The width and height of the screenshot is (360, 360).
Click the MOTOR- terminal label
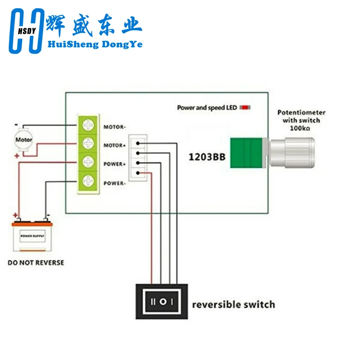114,127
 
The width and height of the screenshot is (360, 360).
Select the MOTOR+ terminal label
114,145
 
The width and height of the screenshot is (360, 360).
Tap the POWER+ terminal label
114,164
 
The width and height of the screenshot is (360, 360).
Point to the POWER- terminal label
114,183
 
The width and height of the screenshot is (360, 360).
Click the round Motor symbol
23,139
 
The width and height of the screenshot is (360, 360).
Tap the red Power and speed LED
245,108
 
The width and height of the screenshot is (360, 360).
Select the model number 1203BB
207,158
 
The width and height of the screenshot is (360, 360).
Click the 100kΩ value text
301,128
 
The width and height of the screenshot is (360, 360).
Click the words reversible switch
233,304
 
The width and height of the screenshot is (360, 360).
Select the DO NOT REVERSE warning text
36,262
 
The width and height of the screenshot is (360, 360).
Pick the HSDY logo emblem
27,31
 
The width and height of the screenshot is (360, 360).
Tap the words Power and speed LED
207,108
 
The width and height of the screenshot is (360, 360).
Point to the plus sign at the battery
16,215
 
